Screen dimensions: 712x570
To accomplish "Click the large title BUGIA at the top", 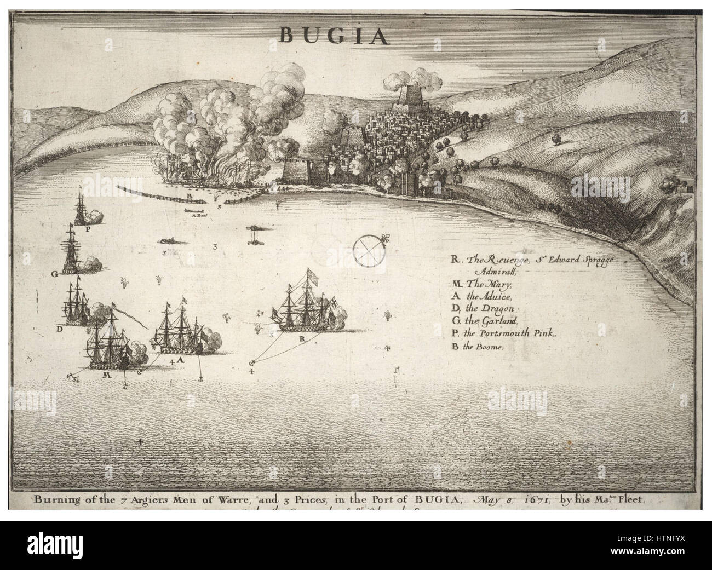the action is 335,34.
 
